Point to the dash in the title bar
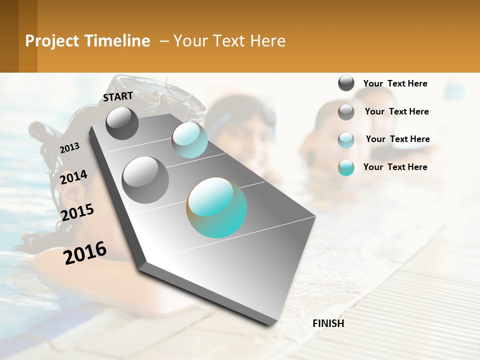point(163,41)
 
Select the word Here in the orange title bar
point(267,41)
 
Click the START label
point(118,96)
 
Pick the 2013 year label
point(70,147)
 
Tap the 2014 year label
point(73,177)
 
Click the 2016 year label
point(85,252)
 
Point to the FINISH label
point(328,323)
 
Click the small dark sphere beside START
point(122,123)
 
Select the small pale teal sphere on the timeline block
point(189,140)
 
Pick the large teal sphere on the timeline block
point(217,207)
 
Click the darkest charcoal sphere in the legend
point(346,83)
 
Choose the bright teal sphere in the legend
point(346,167)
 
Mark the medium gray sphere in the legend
point(346,112)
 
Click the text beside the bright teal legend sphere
point(395,167)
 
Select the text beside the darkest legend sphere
point(395,83)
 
